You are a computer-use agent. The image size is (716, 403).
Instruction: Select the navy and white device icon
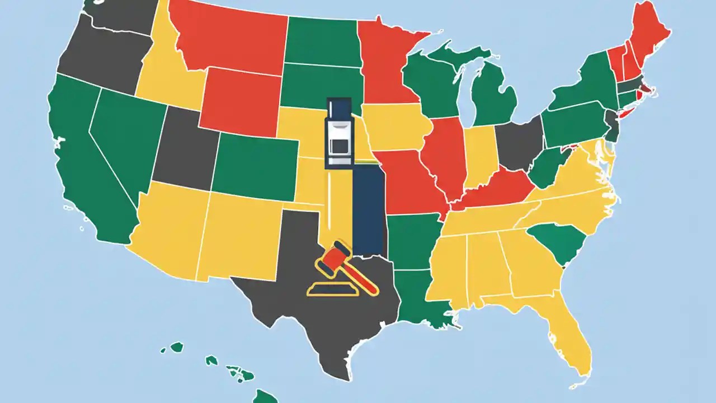338,133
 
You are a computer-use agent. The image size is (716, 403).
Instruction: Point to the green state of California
84,162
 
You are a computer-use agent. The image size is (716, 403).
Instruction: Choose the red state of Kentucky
495,190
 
